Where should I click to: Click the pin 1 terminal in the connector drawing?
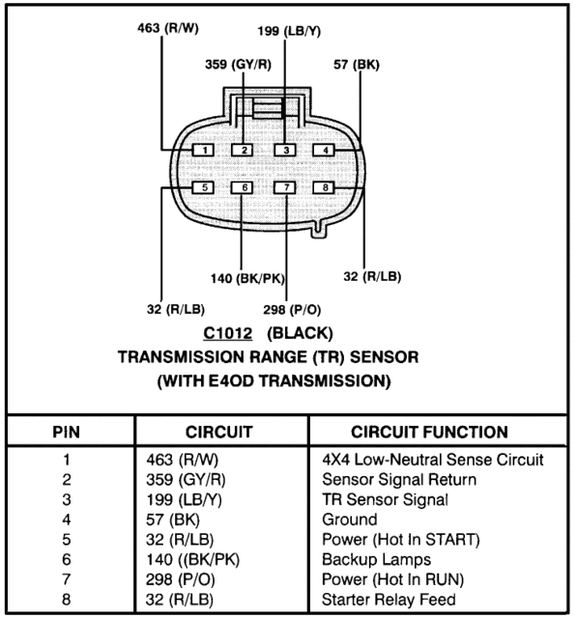pos(205,150)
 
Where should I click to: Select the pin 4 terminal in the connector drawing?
pos(327,150)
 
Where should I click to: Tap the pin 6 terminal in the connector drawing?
pos(245,187)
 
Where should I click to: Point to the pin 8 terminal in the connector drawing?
pos(327,187)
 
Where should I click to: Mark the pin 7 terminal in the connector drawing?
pos(285,187)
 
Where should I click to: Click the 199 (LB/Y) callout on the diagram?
pos(289,32)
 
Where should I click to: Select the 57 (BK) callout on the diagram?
pos(357,65)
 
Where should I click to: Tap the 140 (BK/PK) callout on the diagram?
pos(247,279)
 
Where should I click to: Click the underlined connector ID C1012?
pos(228,334)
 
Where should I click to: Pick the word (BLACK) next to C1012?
pos(300,334)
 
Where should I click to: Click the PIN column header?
pos(67,432)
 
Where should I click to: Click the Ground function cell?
pos(350,520)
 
